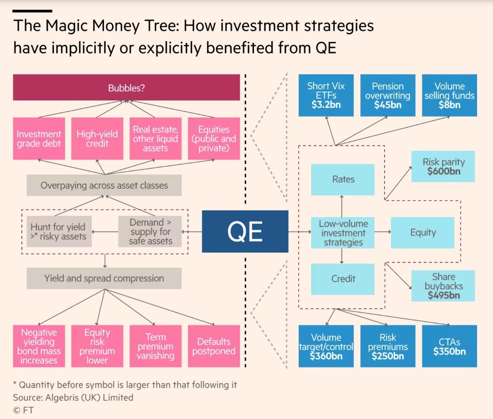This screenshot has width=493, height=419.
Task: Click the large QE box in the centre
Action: [x=245, y=231]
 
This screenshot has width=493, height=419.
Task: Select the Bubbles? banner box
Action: [x=127, y=88]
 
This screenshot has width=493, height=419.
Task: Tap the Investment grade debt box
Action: [x=39, y=138]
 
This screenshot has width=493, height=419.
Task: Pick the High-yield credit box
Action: [x=97, y=138]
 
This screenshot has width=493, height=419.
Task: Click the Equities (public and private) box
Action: [x=214, y=138]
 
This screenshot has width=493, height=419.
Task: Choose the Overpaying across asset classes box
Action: [x=104, y=185]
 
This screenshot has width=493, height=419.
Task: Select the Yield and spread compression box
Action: [x=104, y=278]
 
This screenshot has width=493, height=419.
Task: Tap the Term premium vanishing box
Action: [x=155, y=346]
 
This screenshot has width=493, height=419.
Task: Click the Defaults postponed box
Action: [x=214, y=346]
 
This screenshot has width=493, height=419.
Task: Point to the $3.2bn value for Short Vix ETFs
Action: [x=326, y=105]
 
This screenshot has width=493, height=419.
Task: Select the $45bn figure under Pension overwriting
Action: [x=387, y=105]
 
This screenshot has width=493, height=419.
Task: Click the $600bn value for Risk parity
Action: [x=443, y=171]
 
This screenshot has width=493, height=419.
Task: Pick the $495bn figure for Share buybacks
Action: [x=443, y=295]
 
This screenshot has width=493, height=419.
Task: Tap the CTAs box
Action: [x=449, y=346]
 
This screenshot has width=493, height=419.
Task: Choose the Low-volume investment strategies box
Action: [x=343, y=232]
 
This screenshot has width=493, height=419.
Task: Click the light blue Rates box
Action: [x=343, y=179]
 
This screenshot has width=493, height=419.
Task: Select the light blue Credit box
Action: [x=343, y=279]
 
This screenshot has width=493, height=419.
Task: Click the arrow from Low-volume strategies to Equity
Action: [x=382, y=232]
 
